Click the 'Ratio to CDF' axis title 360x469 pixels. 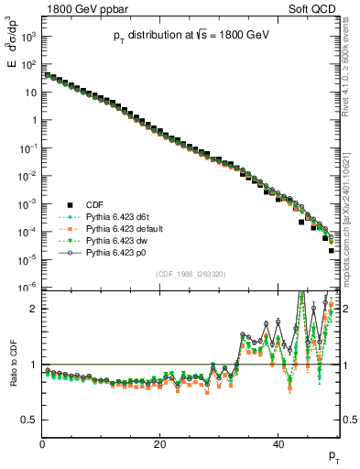pos(12,376)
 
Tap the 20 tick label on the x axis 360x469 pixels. pos(160,445)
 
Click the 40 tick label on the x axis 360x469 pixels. pos(278,445)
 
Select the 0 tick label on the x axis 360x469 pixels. pos(43,445)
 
